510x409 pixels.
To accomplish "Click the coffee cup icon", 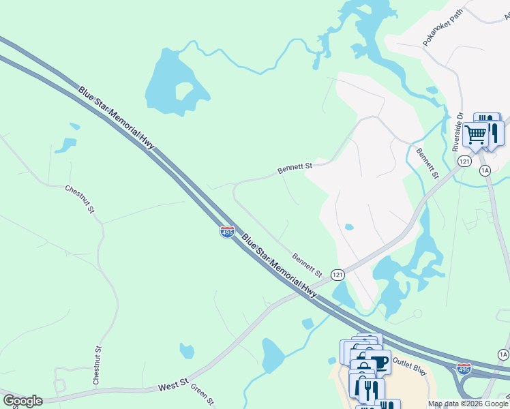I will coord(378,362).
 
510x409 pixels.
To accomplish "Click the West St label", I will coord(173,386).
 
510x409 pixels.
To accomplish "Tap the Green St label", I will coord(202,393).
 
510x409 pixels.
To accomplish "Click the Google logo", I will coord(22,401).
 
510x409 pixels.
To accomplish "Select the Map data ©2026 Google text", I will coord(468,404).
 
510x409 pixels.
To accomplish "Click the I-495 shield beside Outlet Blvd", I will coord(464,369).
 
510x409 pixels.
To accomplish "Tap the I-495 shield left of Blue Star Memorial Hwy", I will coord(227,232).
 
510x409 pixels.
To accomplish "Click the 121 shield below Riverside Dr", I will coord(464,161).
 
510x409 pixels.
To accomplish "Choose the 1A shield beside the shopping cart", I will coord(485,170).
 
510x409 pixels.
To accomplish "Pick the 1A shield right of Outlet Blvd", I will coord(503,354).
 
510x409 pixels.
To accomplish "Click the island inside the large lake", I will coord(183,91).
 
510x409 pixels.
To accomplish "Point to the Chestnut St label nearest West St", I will coord(98,363).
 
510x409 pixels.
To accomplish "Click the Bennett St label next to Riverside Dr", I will coord(427,164).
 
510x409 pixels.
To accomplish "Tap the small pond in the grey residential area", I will coord(349,227).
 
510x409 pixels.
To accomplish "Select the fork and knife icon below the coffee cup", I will coord(369,391).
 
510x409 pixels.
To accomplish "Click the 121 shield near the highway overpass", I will coord(337,274).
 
